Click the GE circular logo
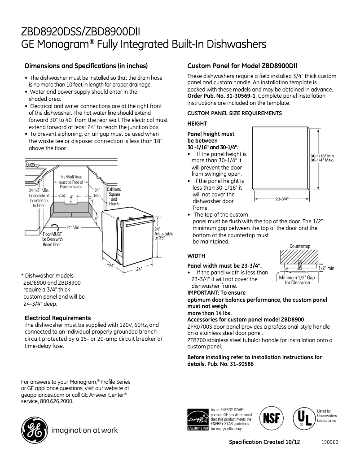coord(34,430)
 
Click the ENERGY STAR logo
coord(198,419)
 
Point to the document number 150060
coord(329,442)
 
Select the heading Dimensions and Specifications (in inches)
coord(86,65)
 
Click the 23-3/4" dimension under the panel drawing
coord(281,199)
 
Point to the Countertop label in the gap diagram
coord(300,246)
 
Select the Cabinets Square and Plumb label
coord(114,196)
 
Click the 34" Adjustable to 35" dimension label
coord(163,234)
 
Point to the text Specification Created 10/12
coord(264,442)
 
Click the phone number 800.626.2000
coord(56,401)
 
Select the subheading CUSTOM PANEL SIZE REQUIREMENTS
coord(234,113)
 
